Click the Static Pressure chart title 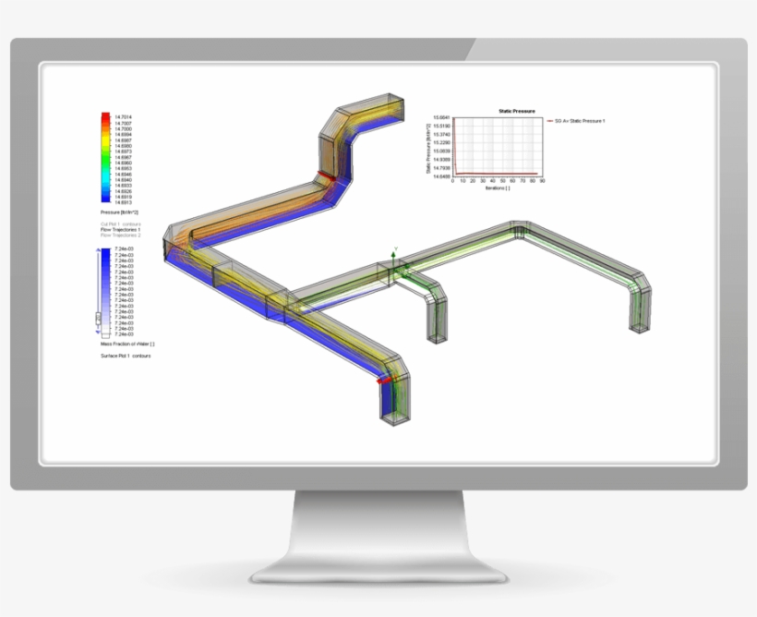[516, 111]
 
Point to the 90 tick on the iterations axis [542, 182]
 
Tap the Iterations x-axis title [497, 188]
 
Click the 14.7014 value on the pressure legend [123, 117]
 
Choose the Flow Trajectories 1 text [121, 229]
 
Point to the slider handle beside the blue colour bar [99, 321]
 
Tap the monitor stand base [378, 568]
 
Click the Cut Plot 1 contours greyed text [120, 224]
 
